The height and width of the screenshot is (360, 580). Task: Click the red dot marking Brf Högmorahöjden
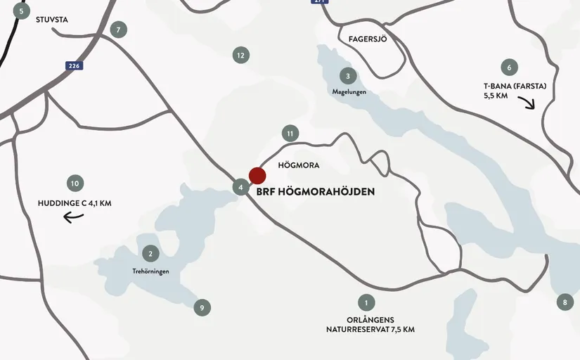(x=257, y=176)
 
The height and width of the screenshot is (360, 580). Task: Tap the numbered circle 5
(x=22, y=11)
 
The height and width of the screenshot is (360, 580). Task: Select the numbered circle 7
(x=119, y=30)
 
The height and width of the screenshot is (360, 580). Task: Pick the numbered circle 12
(x=240, y=55)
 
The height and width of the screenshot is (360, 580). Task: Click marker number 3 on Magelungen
(x=347, y=76)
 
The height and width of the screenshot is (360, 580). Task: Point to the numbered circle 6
(x=508, y=68)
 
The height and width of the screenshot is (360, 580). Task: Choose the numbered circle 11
(x=290, y=133)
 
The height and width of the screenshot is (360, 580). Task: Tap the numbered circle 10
(x=75, y=184)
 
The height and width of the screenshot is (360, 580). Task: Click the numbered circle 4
(x=241, y=188)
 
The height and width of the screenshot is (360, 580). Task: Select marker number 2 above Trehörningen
(x=150, y=254)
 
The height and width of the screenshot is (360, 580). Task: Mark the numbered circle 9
(x=202, y=307)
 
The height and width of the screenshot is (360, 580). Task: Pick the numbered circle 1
(x=366, y=303)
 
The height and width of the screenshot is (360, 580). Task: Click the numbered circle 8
(x=565, y=303)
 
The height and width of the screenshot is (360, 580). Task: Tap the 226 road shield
(x=74, y=66)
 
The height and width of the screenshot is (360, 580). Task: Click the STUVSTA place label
(x=52, y=20)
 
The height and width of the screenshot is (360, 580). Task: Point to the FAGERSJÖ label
(x=368, y=39)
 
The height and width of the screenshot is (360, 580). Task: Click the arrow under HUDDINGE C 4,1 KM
(x=74, y=217)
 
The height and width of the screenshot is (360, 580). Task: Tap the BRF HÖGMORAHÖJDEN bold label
(x=321, y=191)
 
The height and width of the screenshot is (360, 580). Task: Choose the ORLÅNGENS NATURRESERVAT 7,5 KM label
(x=370, y=324)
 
